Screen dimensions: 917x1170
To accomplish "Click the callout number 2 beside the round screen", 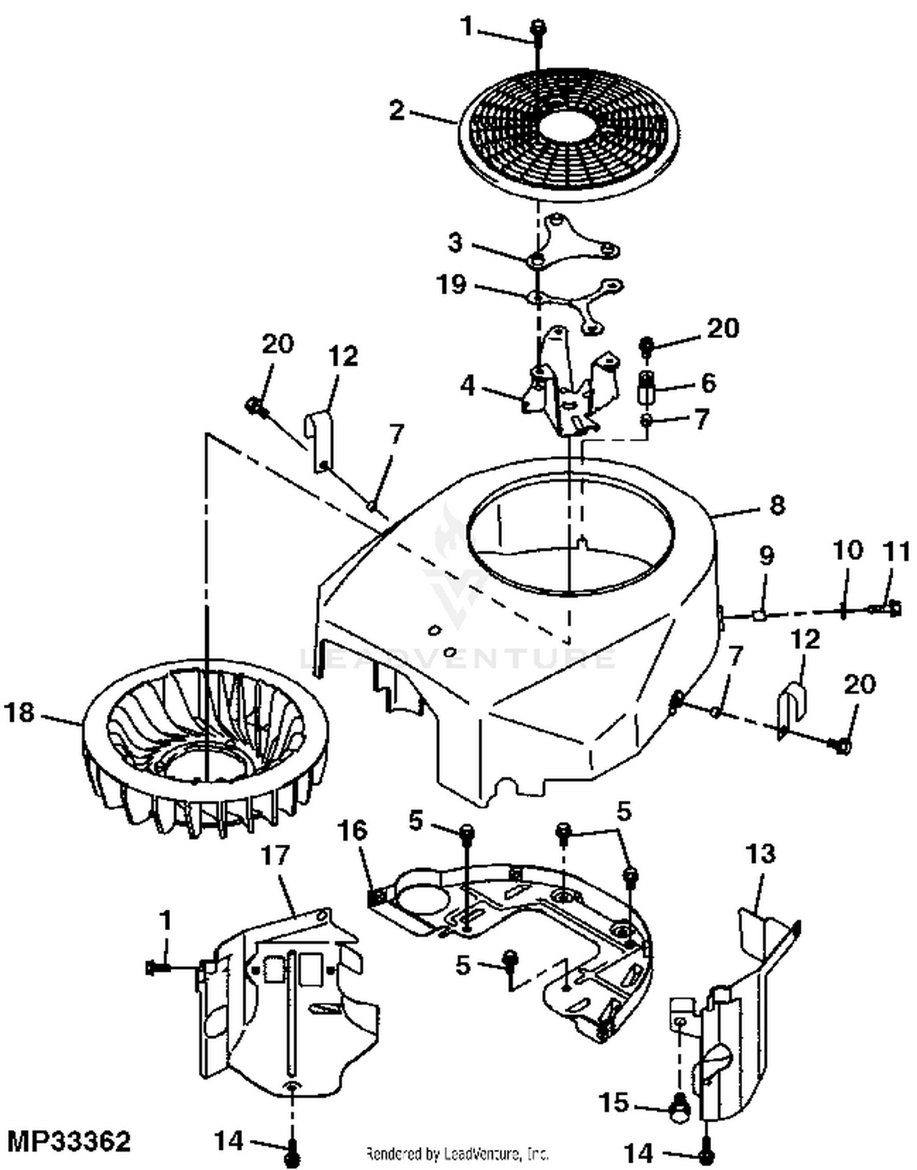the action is [x=397, y=111].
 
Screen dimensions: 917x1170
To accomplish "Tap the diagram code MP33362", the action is [x=69, y=1141].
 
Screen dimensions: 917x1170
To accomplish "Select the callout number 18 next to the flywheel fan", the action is [x=20, y=712].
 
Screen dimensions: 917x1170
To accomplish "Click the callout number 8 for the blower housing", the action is [x=776, y=506].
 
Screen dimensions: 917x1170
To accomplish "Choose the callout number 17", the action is [x=274, y=855].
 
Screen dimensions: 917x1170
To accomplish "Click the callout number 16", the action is [x=352, y=831].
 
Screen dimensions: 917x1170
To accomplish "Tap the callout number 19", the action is [x=452, y=284].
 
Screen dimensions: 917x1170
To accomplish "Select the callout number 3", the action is [x=455, y=243].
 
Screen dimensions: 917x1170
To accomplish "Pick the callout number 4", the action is [x=468, y=386].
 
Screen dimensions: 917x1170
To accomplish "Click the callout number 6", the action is [x=708, y=383].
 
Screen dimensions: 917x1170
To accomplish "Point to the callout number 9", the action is [x=766, y=556].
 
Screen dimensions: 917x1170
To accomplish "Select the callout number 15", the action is [x=614, y=1102].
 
